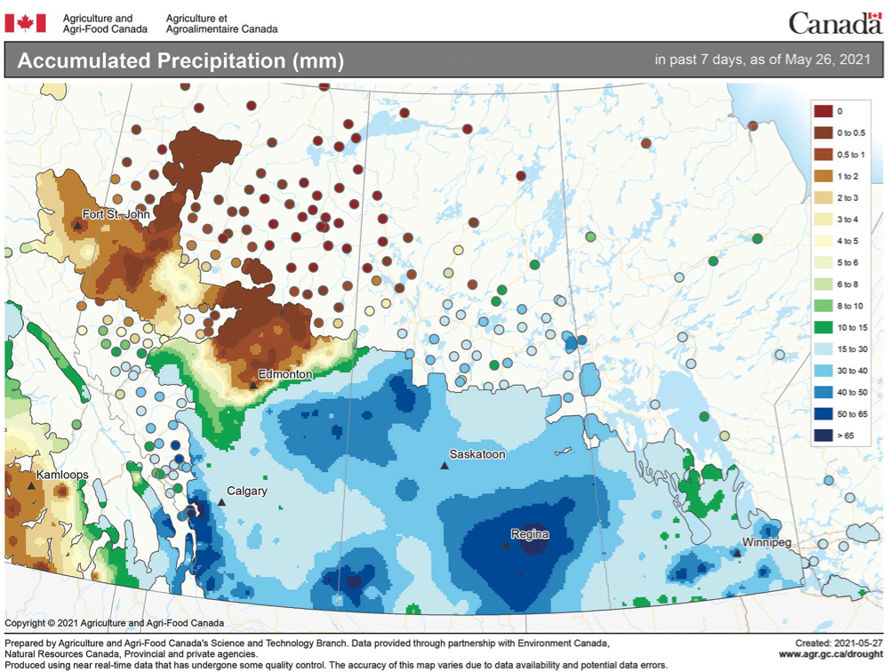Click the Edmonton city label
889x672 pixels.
click(x=285, y=374)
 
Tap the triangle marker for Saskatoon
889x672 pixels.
click(x=444, y=466)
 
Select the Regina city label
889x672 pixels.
click(x=529, y=534)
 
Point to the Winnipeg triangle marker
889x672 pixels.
click(x=737, y=553)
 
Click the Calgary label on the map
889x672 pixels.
click(x=247, y=491)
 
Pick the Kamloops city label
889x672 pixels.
click(x=62, y=476)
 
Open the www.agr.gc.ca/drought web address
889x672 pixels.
click(x=829, y=654)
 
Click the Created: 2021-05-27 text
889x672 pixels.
click(x=838, y=642)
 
